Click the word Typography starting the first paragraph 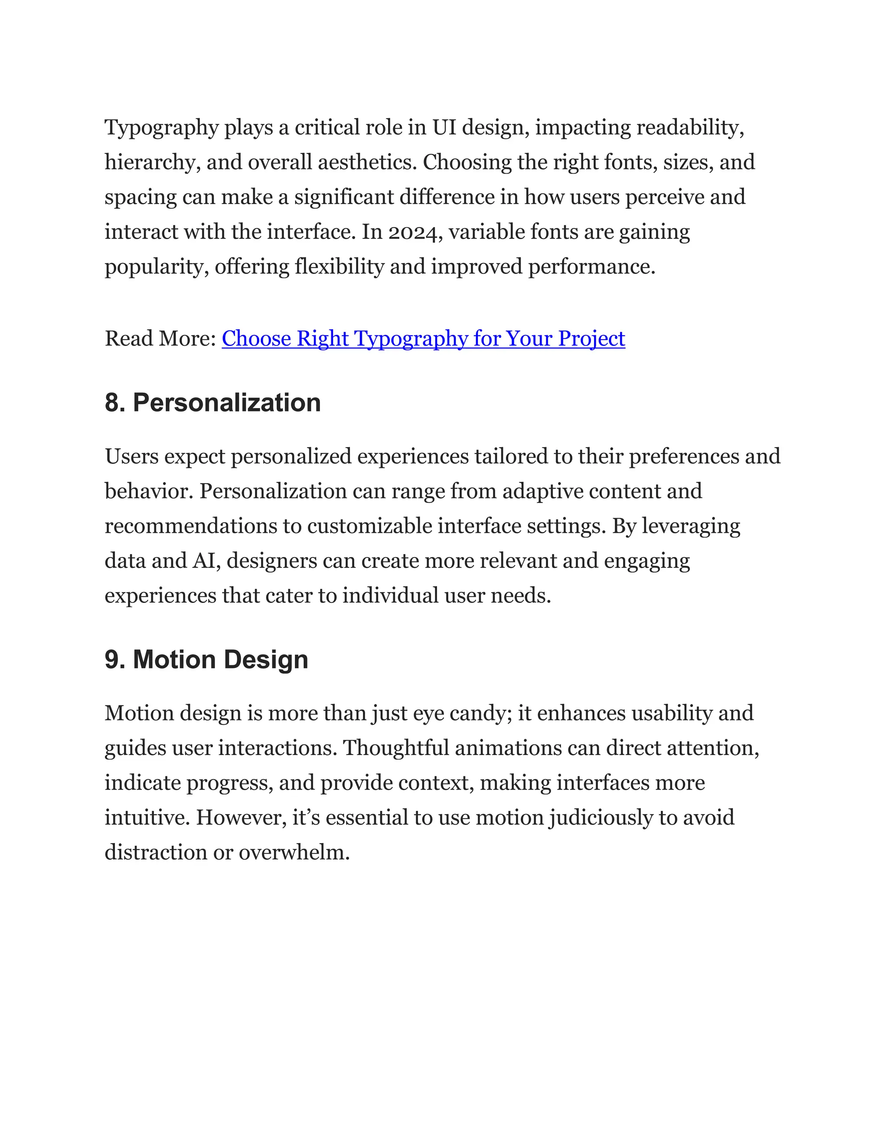161,128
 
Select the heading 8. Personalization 212,403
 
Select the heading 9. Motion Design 206,660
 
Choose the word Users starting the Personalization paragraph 131,457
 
